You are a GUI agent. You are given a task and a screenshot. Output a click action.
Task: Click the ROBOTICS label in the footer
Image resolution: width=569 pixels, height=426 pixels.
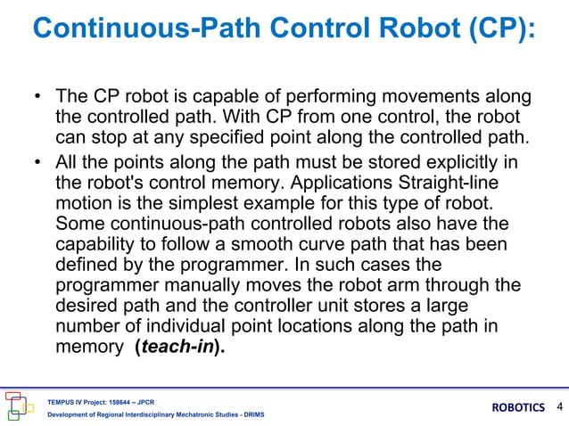518,408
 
